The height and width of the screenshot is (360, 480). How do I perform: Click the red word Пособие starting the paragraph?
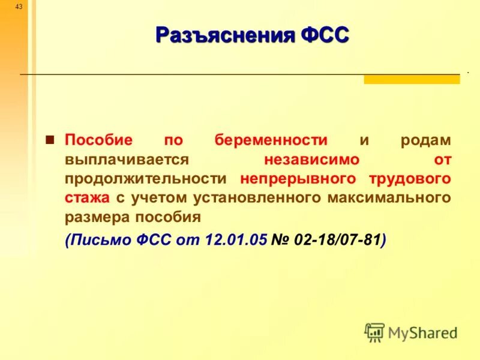pyautogui.click(x=98, y=140)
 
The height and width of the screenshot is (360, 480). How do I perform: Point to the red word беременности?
pyautogui.click(x=271, y=140)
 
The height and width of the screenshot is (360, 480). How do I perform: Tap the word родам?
pyautogui.click(x=425, y=140)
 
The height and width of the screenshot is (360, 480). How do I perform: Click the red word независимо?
pyautogui.click(x=311, y=160)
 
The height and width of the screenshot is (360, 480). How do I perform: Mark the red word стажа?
pyautogui.click(x=87, y=198)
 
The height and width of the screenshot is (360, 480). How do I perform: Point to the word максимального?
pyautogui.click(x=388, y=198)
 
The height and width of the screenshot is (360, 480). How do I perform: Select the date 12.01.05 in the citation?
pyautogui.click(x=236, y=240)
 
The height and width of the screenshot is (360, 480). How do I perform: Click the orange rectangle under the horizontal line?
pyautogui.click(x=412, y=79)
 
